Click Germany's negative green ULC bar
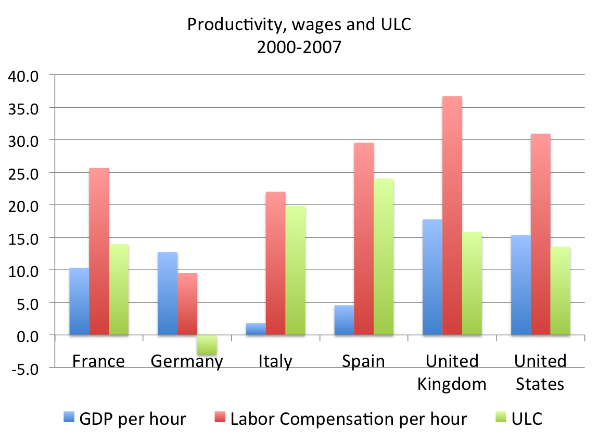coord(207,345)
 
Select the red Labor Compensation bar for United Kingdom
coord(452,216)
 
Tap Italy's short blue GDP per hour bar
coord(256,329)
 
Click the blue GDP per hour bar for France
coord(79,301)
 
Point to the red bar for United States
coord(540,234)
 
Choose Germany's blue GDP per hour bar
coord(167,294)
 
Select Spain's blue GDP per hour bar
coord(344,320)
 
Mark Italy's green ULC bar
coord(295,270)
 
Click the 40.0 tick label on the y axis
coord(23,75)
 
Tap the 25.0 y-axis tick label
coord(23,173)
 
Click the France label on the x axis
coord(99,361)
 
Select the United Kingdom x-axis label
coord(452,373)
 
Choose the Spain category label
coord(363,361)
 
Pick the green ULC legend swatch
coord(501,418)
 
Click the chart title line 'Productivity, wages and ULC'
coord(299,24)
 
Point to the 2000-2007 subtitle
coord(299,47)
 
